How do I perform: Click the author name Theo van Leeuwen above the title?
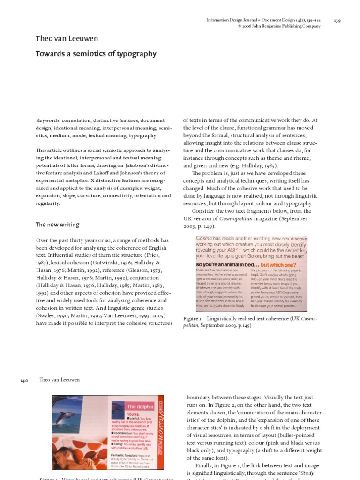(67, 39)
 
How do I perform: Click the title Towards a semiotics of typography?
(96, 54)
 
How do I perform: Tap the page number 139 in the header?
(337, 20)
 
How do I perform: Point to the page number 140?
(25, 381)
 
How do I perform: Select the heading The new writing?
(58, 225)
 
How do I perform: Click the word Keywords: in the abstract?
(49, 120)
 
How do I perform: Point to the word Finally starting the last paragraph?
(201, 465)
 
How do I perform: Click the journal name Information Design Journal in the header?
(233, 20)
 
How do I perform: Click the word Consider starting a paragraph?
(203, 211)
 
